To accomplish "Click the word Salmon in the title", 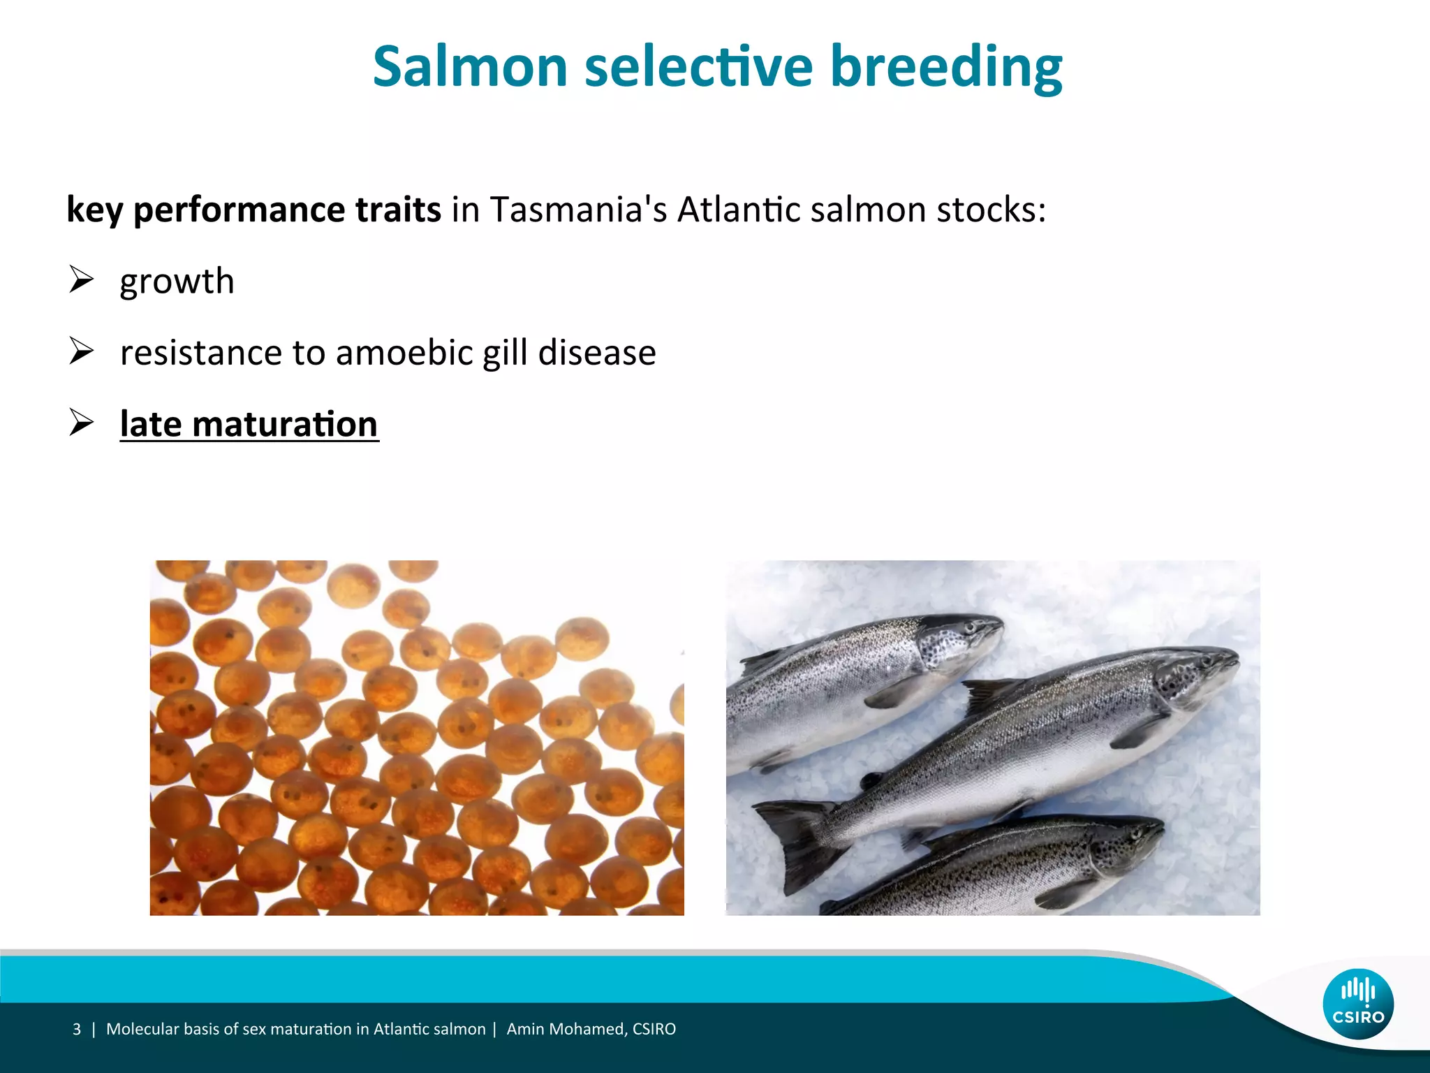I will coord(469,67).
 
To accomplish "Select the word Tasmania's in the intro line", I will coord(578,210).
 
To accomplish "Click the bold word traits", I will coord(398,210).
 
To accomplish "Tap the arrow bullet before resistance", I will coord(82,351).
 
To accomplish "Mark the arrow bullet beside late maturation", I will coord(82,422).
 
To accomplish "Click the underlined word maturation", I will coord(285,424).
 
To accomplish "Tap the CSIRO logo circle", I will coord(1357,1004).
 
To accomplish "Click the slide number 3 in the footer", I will coord(77,1029).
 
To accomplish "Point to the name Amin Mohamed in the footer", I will coord(566,1029).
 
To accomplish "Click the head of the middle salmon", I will coord(1194,674).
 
